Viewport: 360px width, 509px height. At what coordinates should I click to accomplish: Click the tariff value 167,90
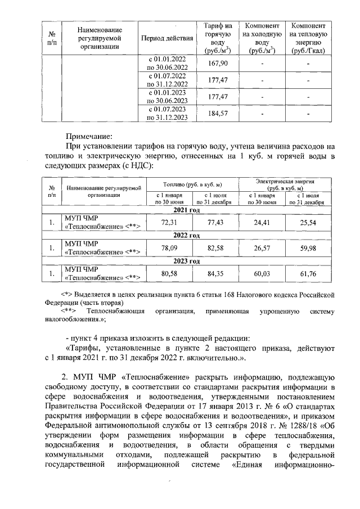[x=217, y=63]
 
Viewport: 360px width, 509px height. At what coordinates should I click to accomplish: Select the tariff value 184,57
[x=217, y=114]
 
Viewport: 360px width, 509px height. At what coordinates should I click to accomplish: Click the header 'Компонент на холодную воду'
[x=261, y=38]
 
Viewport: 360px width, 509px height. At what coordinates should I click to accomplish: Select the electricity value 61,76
[x=309, y=274]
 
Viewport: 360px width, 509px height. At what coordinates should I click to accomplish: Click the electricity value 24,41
[x=262, y=223]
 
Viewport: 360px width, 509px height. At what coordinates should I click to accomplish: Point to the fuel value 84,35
[x=215, y=274]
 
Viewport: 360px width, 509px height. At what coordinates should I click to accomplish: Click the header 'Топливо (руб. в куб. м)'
[x=192, y=184]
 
